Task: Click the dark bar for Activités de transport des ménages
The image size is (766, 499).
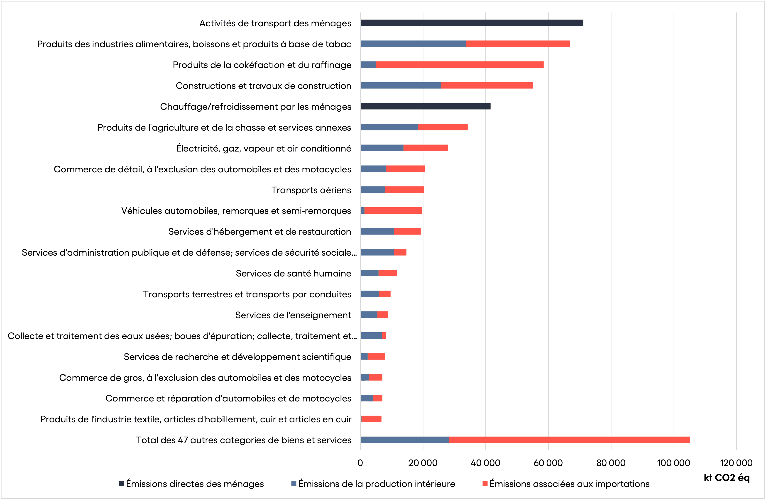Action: [472, 23]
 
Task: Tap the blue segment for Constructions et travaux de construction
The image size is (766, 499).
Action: [401, 85]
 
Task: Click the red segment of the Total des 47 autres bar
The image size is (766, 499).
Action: [569, 440]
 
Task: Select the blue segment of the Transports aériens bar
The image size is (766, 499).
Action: [373, 190]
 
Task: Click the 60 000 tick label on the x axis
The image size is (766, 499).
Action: [548, 463]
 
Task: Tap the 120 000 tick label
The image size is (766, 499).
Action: [736, 463]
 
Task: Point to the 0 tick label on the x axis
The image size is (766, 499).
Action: [360, 463]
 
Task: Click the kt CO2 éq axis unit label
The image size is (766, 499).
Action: [726, 478]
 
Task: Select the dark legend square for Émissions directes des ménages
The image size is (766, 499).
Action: [122, 484]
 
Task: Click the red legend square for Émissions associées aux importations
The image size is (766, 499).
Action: [485, 484]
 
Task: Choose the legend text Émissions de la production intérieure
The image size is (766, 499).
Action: [377, 484]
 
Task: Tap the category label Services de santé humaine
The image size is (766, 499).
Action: [293, 273]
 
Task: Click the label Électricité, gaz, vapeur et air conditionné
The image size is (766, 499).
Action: [264, 148]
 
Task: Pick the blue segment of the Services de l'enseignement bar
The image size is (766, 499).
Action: [369, 315]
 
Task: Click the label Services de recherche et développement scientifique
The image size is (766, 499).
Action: [237, 357]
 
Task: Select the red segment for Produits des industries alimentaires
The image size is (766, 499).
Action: [518, 44]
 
